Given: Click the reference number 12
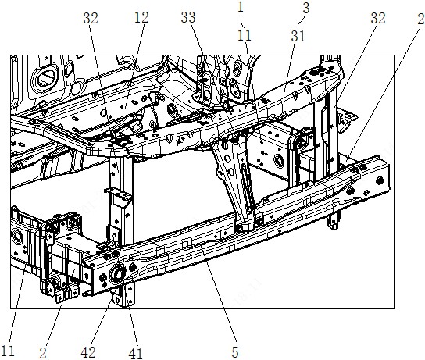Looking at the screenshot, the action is tap(141, 18).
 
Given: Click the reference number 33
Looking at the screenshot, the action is tap(188, 18).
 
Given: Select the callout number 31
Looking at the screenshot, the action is tap(298, 36).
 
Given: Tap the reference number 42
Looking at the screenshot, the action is tap(88, 352).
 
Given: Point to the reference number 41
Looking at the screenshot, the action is tap(135, 353).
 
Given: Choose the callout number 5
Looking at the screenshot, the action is tap(235, 352).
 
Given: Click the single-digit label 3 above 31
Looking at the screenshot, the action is tap(306, 8).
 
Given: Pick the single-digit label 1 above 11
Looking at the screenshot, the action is tap(241, 7).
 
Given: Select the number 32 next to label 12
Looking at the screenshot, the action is tap(91, 19).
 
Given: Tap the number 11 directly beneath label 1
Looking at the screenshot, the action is tap(245, 35).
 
